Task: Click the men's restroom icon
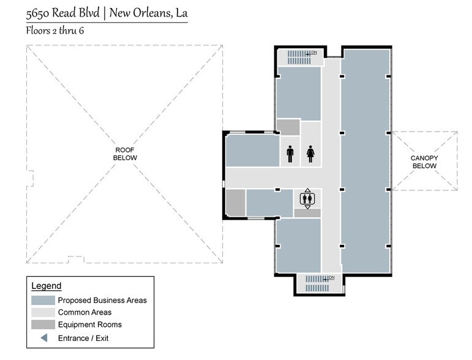pyautogui.click(x=290, y=154)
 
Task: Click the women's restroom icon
pyautogui.click(x=310, y=154)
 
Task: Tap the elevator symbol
pyautogui.click(x=307, y=198)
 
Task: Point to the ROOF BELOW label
pyautogui.click(x=125, y=154)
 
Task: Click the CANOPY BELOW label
pyautogui.click(x=424, y=162)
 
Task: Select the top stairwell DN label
pyautogui.click(x=314, y=53)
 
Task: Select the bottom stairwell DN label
pyautogui.click(x=331, y=277)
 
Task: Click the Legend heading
pyautogui.click(x=46, y=286)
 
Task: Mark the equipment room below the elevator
pyautogui.click(x=307, y=212)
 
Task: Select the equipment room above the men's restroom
pyautogui.click(x=288, y=127)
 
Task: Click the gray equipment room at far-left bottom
pyautogui.click(x=235, y=202)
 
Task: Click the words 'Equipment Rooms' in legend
pyautogui.click(x=89, y=324)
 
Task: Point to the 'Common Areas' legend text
pyautogui.click(x=84, y=312)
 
